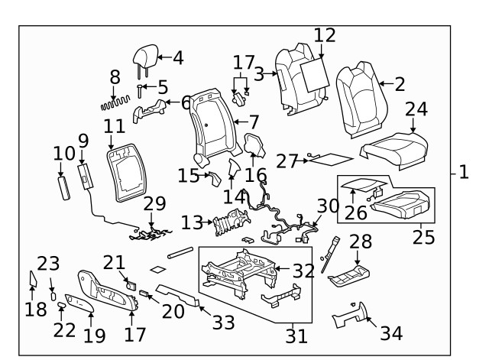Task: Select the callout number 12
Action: [325, 35]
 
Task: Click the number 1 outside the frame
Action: [463, 172]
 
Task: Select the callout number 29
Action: [154, 205]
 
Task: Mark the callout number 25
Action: [423, 236]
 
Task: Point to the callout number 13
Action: [193, 222]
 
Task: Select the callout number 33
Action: [223, 323]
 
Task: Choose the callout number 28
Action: [361, 242]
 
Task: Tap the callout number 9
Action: [83, 141]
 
